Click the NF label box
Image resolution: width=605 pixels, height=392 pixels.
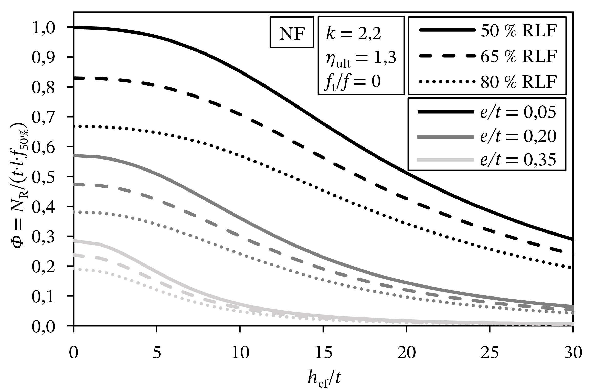click(x=292, y=32)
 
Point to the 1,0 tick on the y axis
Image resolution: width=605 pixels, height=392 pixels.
click(x=46, y=27)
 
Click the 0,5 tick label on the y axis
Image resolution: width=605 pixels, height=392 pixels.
click(x=46, y=177)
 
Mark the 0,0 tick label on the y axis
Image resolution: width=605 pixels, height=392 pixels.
click(x=46, y=326)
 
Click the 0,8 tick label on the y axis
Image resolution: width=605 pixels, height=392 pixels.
click(x=46, y=87)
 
